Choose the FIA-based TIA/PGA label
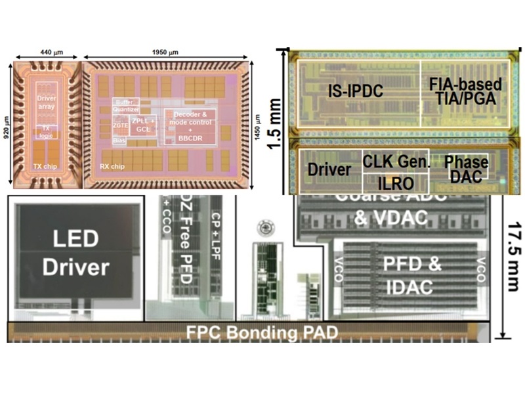click(465, 92)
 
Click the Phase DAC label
click(466, 169)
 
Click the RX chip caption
click(114, 166)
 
